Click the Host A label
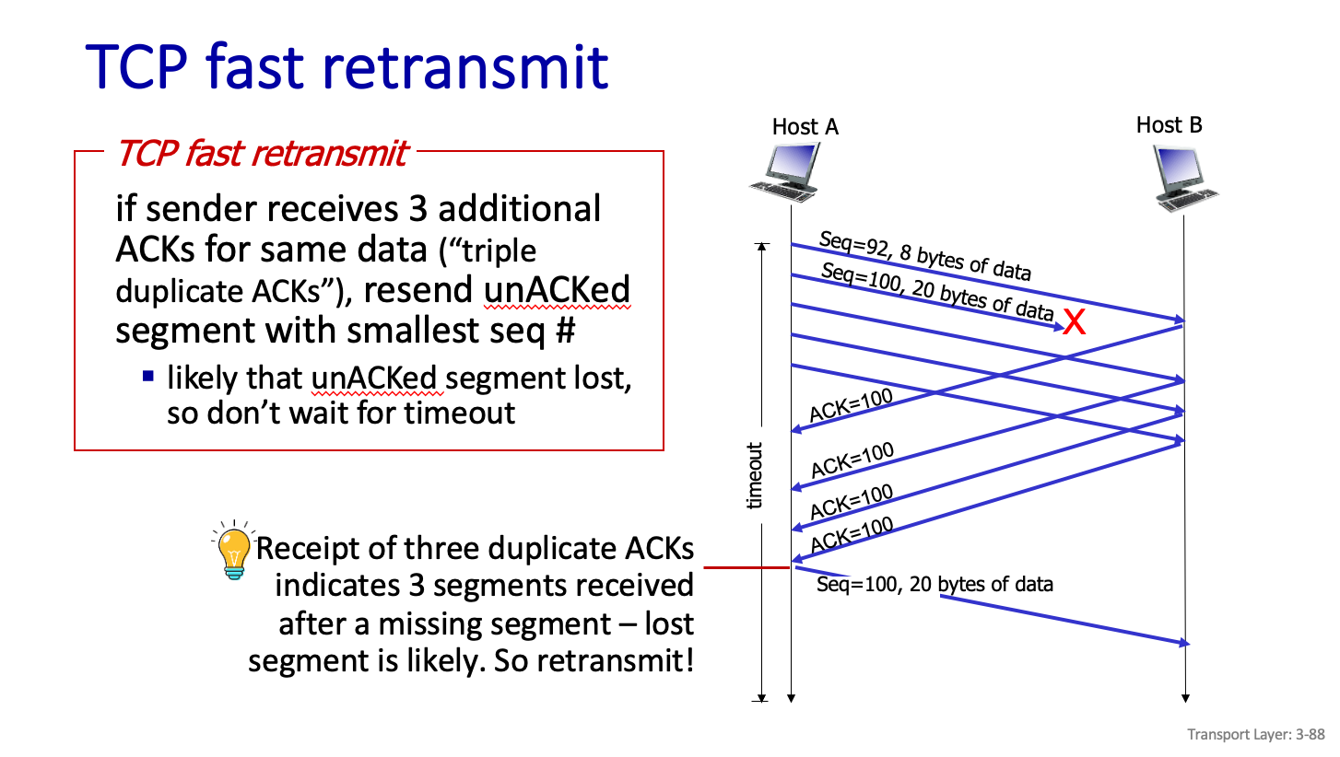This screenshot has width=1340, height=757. coord(805,127)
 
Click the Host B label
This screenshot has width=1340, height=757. coord(1169,125)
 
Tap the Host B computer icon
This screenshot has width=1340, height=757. coord(1185,179)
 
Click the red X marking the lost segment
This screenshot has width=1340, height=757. coord(1075,322)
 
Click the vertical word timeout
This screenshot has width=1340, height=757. coord(755,476)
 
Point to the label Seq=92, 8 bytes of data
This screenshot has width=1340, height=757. coord(925,256)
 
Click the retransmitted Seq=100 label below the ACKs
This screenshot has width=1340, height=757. coord(934,584)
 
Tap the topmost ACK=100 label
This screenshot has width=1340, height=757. coord(851,405)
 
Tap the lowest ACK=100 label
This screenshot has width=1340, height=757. coord(852,534)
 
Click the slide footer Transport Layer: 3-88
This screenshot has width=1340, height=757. coord(1255,734)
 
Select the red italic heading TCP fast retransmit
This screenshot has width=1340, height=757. coord(262,154)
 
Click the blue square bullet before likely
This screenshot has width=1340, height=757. coord(148,376)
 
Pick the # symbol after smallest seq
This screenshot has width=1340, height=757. coord(565,330)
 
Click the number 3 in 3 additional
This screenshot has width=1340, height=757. coord(418,209)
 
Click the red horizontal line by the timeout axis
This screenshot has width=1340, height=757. coord(746,567)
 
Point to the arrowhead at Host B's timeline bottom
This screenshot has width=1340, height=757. coord(1185,698)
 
